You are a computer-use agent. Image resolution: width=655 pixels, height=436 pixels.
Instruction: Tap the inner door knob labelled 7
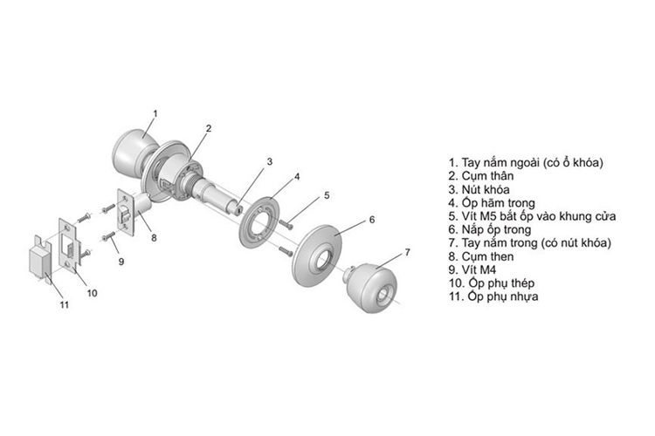[369, 288]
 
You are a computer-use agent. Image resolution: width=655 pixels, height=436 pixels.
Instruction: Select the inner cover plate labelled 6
[318, 255]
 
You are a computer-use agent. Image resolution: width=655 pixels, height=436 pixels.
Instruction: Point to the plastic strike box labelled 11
[41, 260]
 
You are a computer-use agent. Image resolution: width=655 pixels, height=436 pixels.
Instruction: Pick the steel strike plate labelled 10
[67, 244]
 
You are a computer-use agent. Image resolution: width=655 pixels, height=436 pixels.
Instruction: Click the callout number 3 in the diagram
[270, 161]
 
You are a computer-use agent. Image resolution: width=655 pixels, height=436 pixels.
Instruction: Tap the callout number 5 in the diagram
[327, 194]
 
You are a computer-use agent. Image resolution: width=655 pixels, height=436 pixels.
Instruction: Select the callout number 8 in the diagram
[154, 238]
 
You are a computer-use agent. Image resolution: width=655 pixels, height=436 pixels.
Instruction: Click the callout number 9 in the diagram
[121, 262]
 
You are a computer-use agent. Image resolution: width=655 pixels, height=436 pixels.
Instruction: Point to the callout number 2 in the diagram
[209, 128]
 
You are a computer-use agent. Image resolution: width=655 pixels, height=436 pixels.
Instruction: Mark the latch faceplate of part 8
[125, 213]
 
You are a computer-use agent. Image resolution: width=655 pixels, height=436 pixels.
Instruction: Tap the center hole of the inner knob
[383, 295]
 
